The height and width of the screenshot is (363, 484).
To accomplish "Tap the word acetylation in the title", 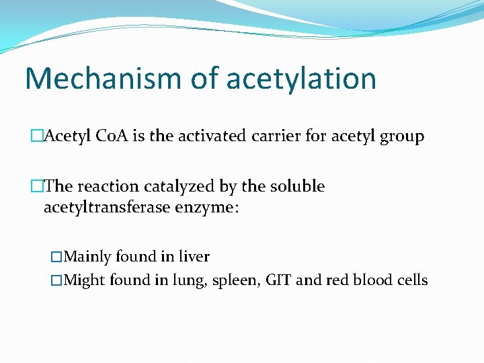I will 301,78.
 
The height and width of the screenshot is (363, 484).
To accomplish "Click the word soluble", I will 297,186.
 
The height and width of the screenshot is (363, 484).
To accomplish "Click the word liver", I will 194,257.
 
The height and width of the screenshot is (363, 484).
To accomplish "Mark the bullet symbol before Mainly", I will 56,257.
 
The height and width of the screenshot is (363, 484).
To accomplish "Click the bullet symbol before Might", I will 56,280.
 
